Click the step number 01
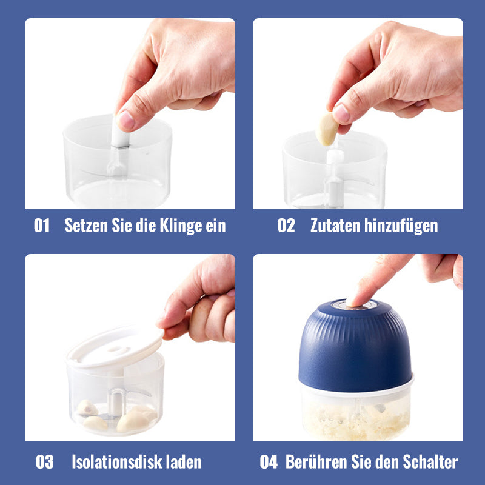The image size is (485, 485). pyautogui.click(x=42, y=225)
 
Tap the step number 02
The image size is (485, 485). pyautogui.click(x=286, y=225)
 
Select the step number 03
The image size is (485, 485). pyautogui.click(x=44, y=462)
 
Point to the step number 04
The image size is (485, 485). pyautogui.click(x=269, y=462)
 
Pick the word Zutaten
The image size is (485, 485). pyautogui.click(x=335, y=226)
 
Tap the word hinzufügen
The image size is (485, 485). pyautogui.click(x=401, y=226)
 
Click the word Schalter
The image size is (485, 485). pyautogui.click(x=430, y=462)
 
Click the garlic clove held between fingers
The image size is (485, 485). pyautogui.click(x=327, y=129)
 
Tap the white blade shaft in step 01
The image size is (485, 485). pyautogui.click(x=119, y=135)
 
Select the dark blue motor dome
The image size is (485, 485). pyautogui.click(x=355, y=346)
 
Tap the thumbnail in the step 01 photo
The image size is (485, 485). pyautogui.click(x=127, y=120)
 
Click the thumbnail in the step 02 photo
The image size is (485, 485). pyautogui.click(x=341, y=113)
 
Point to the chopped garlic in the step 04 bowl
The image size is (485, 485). pyautogui.click(x=356, y=422)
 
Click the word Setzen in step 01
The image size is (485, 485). pyautogui.click(x=86, y=225)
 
